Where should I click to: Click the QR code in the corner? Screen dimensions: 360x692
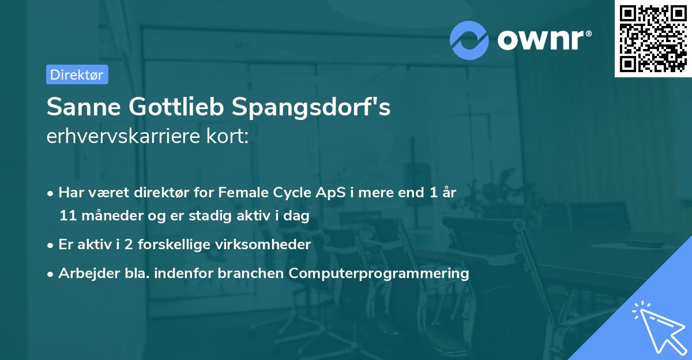tap(653, 39)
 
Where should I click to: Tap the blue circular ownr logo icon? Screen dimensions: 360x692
tap(469, 40)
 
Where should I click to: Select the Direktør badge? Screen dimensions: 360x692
tap(77, 74)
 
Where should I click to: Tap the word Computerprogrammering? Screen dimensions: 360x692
tap(379, 273)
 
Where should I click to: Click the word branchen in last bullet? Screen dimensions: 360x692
tap(257, 273)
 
